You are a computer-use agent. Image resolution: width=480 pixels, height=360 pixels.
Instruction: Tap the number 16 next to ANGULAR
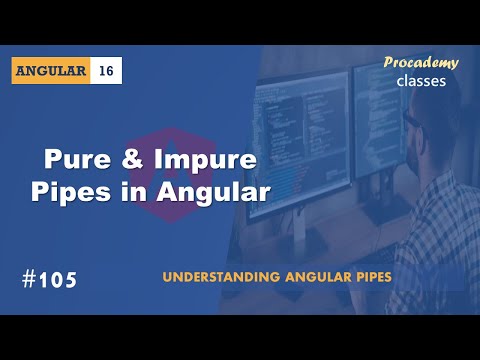click(106, 71)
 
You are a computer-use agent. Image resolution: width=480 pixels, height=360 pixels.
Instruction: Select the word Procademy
click(421, 63)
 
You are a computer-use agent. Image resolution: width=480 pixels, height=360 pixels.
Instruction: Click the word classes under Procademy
click(422, 80)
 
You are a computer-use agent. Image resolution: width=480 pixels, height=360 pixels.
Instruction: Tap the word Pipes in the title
click(84, 191)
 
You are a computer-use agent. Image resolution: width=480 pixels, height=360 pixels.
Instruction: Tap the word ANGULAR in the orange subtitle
click(298, 274)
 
